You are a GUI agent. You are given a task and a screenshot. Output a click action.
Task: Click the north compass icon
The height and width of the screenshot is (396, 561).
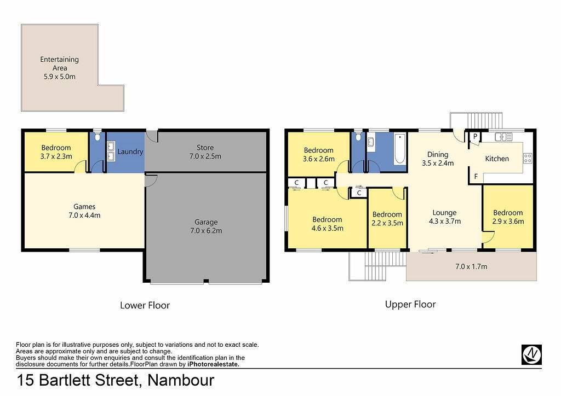pos(531,354)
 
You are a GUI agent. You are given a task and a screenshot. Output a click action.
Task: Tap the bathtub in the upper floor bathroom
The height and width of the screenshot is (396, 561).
pos(400,149)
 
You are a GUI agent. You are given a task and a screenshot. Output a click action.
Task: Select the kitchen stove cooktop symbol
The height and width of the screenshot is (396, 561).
pos(528,158)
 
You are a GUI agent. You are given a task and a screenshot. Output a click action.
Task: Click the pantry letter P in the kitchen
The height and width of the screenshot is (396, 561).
pos(475,136)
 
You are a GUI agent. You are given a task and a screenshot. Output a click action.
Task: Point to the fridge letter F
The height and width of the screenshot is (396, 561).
pos(476,177)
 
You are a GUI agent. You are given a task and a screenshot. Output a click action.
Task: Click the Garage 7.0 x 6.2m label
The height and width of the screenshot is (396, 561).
pos(206,226)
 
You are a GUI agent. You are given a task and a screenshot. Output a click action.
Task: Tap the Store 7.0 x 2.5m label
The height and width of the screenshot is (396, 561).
pos(205,152)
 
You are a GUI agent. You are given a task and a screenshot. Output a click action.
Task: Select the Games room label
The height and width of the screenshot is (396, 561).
pos(84,211)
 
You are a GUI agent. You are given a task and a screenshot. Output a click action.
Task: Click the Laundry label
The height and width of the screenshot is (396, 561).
pos(130,152)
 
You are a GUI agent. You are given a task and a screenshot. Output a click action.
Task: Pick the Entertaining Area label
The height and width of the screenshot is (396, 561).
pos(59,68)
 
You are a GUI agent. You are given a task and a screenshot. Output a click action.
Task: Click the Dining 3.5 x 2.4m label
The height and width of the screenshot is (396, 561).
pos(438,159)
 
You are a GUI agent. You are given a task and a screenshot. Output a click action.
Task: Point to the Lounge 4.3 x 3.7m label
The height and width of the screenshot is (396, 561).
pos(445,217)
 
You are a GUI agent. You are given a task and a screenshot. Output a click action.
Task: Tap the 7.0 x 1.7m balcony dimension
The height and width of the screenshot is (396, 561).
pos(471,266)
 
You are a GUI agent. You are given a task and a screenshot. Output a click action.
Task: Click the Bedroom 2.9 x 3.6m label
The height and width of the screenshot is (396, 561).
pos(508,217)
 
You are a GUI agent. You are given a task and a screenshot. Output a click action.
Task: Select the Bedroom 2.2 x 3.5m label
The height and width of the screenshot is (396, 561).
pos(387,219)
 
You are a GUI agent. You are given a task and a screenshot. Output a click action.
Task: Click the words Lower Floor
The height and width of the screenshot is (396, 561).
pos(145,305)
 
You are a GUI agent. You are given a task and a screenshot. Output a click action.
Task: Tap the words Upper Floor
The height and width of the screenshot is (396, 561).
pos(410,305)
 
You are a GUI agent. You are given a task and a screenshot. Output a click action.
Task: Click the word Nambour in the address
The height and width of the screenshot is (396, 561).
pos(181,380)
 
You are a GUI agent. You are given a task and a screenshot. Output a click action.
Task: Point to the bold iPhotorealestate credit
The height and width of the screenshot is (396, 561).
pos(213,364)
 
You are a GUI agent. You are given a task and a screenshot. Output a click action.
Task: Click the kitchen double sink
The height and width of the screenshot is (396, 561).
pos(503,136)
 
